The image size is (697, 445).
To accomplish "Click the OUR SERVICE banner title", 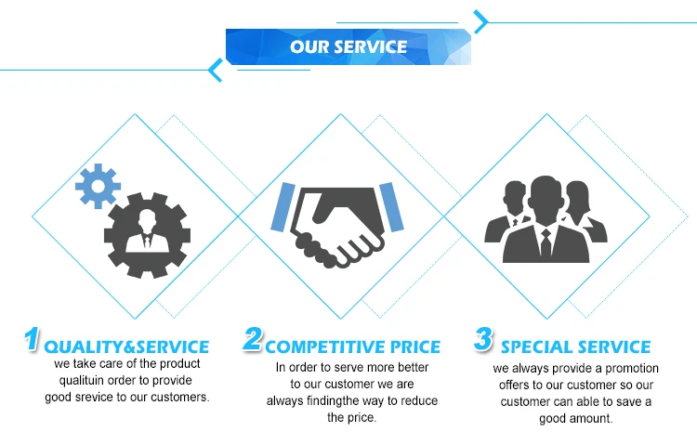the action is tap(348, 46).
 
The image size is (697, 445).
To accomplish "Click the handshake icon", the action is tap(336, 228).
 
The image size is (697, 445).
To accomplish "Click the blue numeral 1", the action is tap(33, 340).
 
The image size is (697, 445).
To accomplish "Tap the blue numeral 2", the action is tap(251, 340).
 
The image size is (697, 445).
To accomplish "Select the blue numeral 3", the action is tap(483, 340).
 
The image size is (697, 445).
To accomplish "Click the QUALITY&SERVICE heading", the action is tap(126, 347).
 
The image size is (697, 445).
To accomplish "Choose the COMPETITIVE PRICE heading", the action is tap(352, 347).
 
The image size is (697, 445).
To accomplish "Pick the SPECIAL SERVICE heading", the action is tap(575, 347).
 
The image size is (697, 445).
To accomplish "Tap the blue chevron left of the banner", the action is tap(216, 69).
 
